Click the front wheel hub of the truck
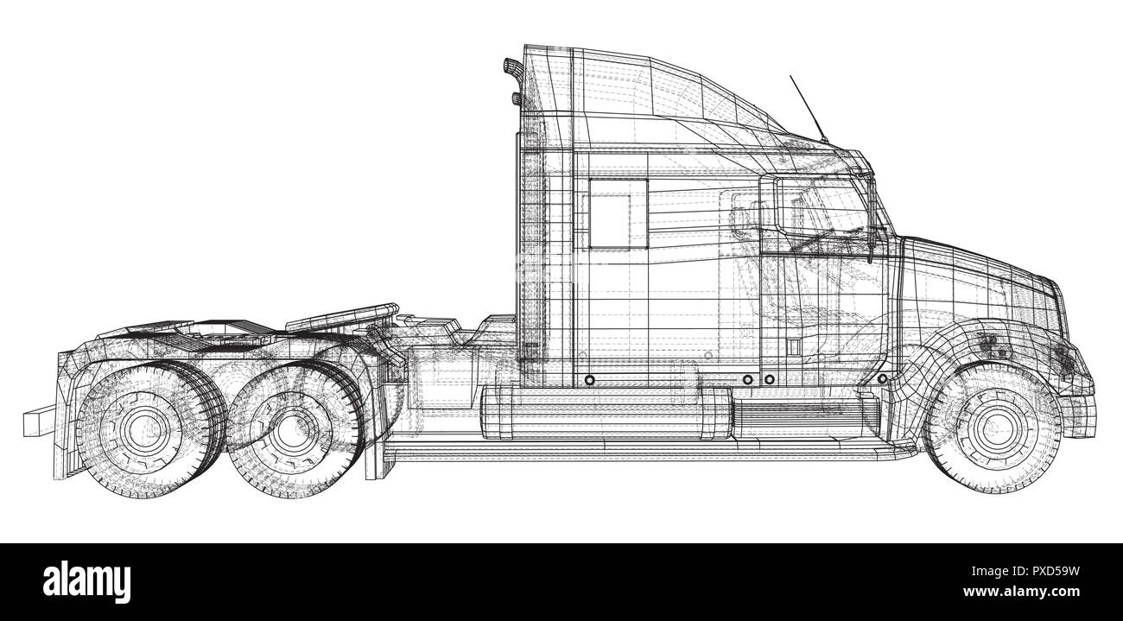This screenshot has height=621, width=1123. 991,426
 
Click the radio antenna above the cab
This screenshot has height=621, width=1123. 807,108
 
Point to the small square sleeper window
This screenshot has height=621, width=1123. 607,219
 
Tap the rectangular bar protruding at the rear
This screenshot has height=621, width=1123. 39,421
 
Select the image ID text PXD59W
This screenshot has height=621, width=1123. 1050,571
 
